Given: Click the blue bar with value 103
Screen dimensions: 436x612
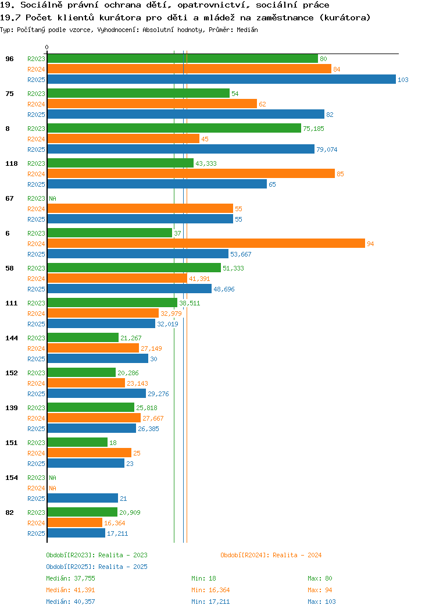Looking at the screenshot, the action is pos(221,79).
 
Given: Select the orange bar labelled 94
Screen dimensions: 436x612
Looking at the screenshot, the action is pos(206,244).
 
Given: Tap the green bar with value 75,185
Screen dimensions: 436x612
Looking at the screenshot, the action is pos(174,128).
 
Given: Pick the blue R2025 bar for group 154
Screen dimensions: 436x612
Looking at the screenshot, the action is pos(83,498).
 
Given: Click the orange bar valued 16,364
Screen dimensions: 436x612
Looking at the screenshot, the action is pos(75,522).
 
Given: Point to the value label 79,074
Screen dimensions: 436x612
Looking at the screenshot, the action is pos(327,150).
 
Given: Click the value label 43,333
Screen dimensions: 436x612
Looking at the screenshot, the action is pos(206,163).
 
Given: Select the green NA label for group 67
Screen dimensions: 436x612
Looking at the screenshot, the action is pos(53,198).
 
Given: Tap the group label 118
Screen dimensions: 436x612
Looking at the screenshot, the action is pos(11,163).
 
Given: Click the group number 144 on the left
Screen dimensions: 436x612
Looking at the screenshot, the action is pos(11,338).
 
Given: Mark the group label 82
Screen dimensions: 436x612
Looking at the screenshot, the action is pos(9,513).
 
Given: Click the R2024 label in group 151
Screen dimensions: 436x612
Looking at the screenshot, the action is pos(36,453).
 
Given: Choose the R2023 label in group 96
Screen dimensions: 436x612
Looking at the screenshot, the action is pos(36,59).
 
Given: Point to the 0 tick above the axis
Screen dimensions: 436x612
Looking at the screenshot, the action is pos(47,47).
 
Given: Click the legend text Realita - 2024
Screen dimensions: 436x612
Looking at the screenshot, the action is pos(297,555).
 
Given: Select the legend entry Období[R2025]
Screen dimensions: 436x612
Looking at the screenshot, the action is pos(70,567).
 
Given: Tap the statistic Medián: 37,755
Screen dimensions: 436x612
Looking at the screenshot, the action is pos(70,578).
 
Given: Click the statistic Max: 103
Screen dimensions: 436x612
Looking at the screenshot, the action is pos(321,602).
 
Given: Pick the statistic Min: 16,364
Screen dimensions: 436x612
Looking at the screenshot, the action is pos(210,590).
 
